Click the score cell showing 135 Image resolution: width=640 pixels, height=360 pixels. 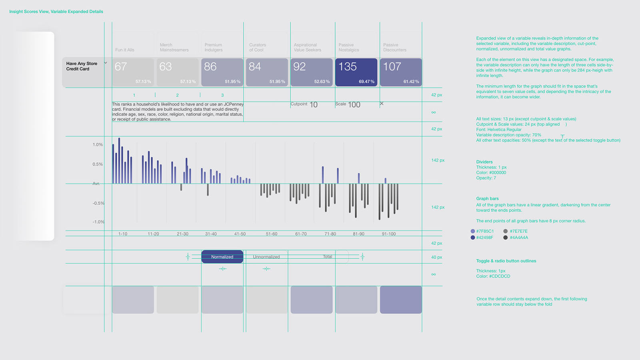coord(356,72)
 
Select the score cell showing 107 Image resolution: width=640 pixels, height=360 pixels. coord(401,72)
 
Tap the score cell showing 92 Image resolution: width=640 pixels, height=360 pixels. coord(312,72)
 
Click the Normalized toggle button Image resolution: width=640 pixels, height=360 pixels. coord(222,257)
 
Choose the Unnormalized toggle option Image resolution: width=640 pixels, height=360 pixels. coord(266,257)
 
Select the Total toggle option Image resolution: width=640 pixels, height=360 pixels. coord(328,257)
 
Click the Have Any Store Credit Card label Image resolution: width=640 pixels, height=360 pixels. coord(82,66)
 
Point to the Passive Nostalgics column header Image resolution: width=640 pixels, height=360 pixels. coord(349,48)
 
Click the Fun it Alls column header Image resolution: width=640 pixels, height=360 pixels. coord(125,50)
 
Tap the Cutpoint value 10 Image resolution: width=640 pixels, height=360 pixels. coord(314,105)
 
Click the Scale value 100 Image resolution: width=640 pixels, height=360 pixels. coord(354,105)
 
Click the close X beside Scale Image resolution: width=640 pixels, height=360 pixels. coord(382,104)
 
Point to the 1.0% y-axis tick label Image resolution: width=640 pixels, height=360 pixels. coord(98,145)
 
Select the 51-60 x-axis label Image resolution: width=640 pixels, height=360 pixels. coord(272,234)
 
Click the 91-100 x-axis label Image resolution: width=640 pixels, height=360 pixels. coord(389,234)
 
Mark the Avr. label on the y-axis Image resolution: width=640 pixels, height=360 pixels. coord(96,184)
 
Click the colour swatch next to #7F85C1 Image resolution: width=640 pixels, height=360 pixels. coord(473,231)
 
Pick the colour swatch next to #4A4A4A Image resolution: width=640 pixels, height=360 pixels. coord(506,238)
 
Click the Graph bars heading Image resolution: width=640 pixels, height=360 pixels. coord(487,199)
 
